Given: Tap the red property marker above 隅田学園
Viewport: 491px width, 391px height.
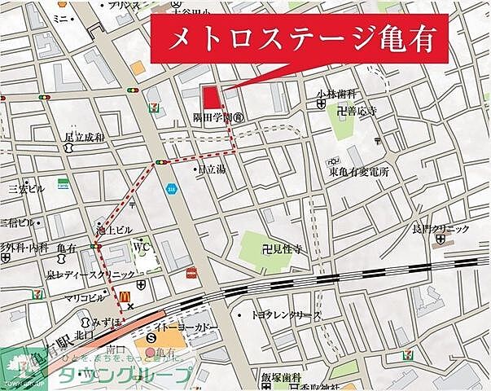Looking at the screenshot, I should [212, 97].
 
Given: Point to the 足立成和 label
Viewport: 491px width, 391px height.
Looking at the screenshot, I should [85, 138].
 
